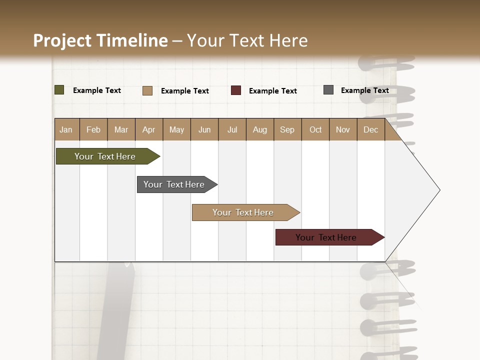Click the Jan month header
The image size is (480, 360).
point(66,129)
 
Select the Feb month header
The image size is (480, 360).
point(93,129)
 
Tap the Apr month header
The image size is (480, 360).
point(149,129)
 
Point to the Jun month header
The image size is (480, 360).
point(204,129)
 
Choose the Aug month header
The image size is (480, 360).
point(260,129)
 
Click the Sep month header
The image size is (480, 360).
point(287,129)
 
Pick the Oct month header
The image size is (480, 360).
point(315,129)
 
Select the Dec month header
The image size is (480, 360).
point(371,129)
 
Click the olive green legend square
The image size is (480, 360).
point(59,90)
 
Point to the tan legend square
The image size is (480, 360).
point(147,90)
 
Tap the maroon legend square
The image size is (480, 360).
point(236,90)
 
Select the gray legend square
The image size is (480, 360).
point(328,90)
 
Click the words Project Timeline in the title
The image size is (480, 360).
point(100,40)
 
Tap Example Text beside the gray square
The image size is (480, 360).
point(364,90)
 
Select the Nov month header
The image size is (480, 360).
point(343,129)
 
